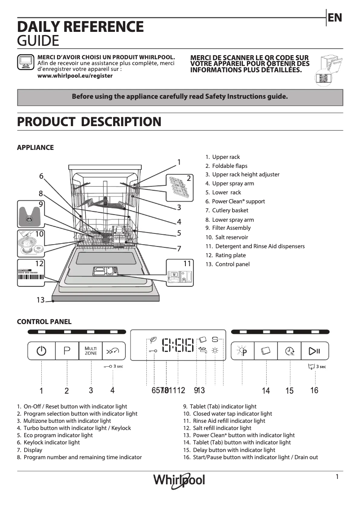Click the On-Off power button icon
pos(41,351)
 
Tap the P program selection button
pos(67,351)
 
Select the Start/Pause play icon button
pos(314,351)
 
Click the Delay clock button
pos(290,351)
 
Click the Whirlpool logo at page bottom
pos(179,480)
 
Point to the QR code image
pos(323,78)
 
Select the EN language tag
pos(335,18)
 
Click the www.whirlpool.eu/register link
pos(75,76)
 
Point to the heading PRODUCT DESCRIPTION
pos(89,122)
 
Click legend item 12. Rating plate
pos(226,255)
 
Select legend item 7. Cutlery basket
pos(227,211)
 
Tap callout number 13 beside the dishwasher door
pos(40,300)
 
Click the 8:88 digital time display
pos(178,345)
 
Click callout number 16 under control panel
pos(314,391)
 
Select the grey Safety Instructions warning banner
pos(180,97)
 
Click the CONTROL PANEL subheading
pos(44,322)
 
